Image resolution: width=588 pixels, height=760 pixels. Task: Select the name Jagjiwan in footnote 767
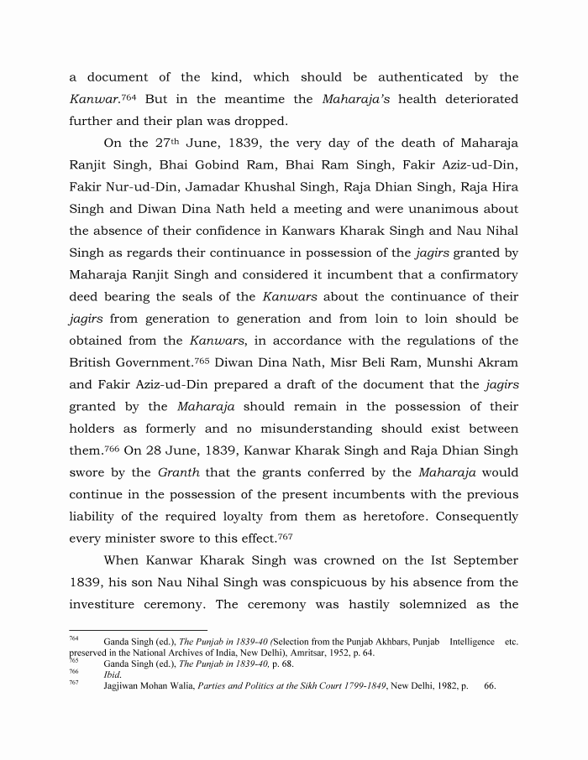point(123,685)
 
